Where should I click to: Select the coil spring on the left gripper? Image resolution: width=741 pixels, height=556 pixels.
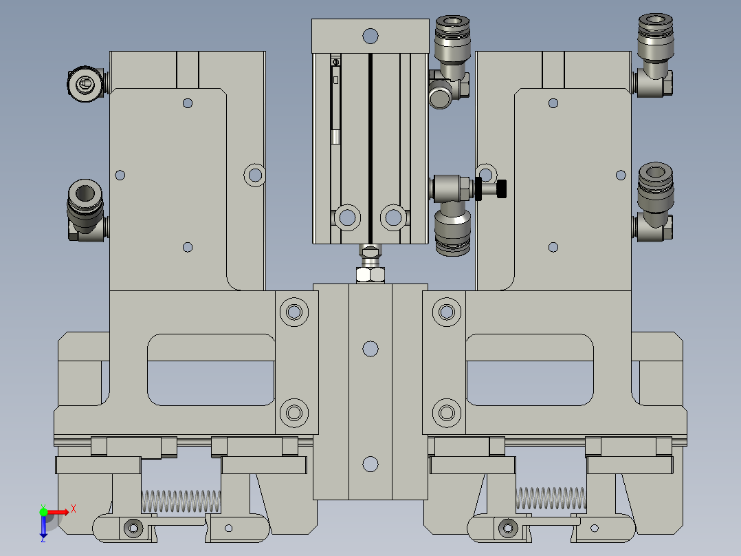coord(181,500)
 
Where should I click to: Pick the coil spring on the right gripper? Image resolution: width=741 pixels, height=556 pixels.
coord(551,498)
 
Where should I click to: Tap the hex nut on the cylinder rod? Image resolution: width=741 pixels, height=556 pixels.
coord(370,275)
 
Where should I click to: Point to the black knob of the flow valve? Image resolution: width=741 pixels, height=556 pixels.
coord(502,188)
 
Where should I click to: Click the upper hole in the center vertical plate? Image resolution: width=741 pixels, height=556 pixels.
coord(370,349)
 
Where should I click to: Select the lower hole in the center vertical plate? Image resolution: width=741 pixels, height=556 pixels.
coord(370,464)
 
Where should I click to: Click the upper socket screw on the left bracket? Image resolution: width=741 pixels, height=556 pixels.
coord(294,311)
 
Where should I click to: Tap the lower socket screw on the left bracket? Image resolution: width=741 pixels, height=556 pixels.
coord(294,413)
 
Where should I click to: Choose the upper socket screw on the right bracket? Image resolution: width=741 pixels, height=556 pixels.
coord(447,311)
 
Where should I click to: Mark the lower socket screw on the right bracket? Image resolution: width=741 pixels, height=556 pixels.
coord(447,413)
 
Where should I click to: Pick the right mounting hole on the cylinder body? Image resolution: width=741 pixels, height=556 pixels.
coord(394,217)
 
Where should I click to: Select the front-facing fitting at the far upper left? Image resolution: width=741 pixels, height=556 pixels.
coord(84,85)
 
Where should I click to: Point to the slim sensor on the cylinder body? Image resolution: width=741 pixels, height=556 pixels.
coord(335,100)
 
